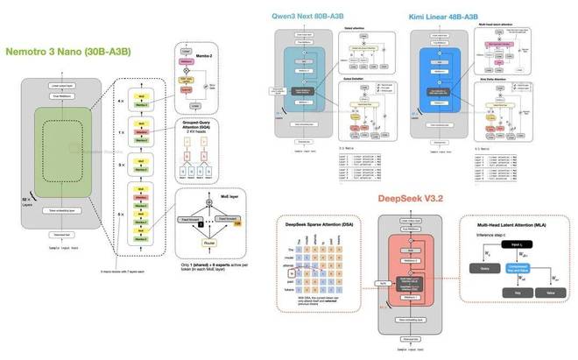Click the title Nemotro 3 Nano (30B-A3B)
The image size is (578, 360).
click(x=69, y=52)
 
